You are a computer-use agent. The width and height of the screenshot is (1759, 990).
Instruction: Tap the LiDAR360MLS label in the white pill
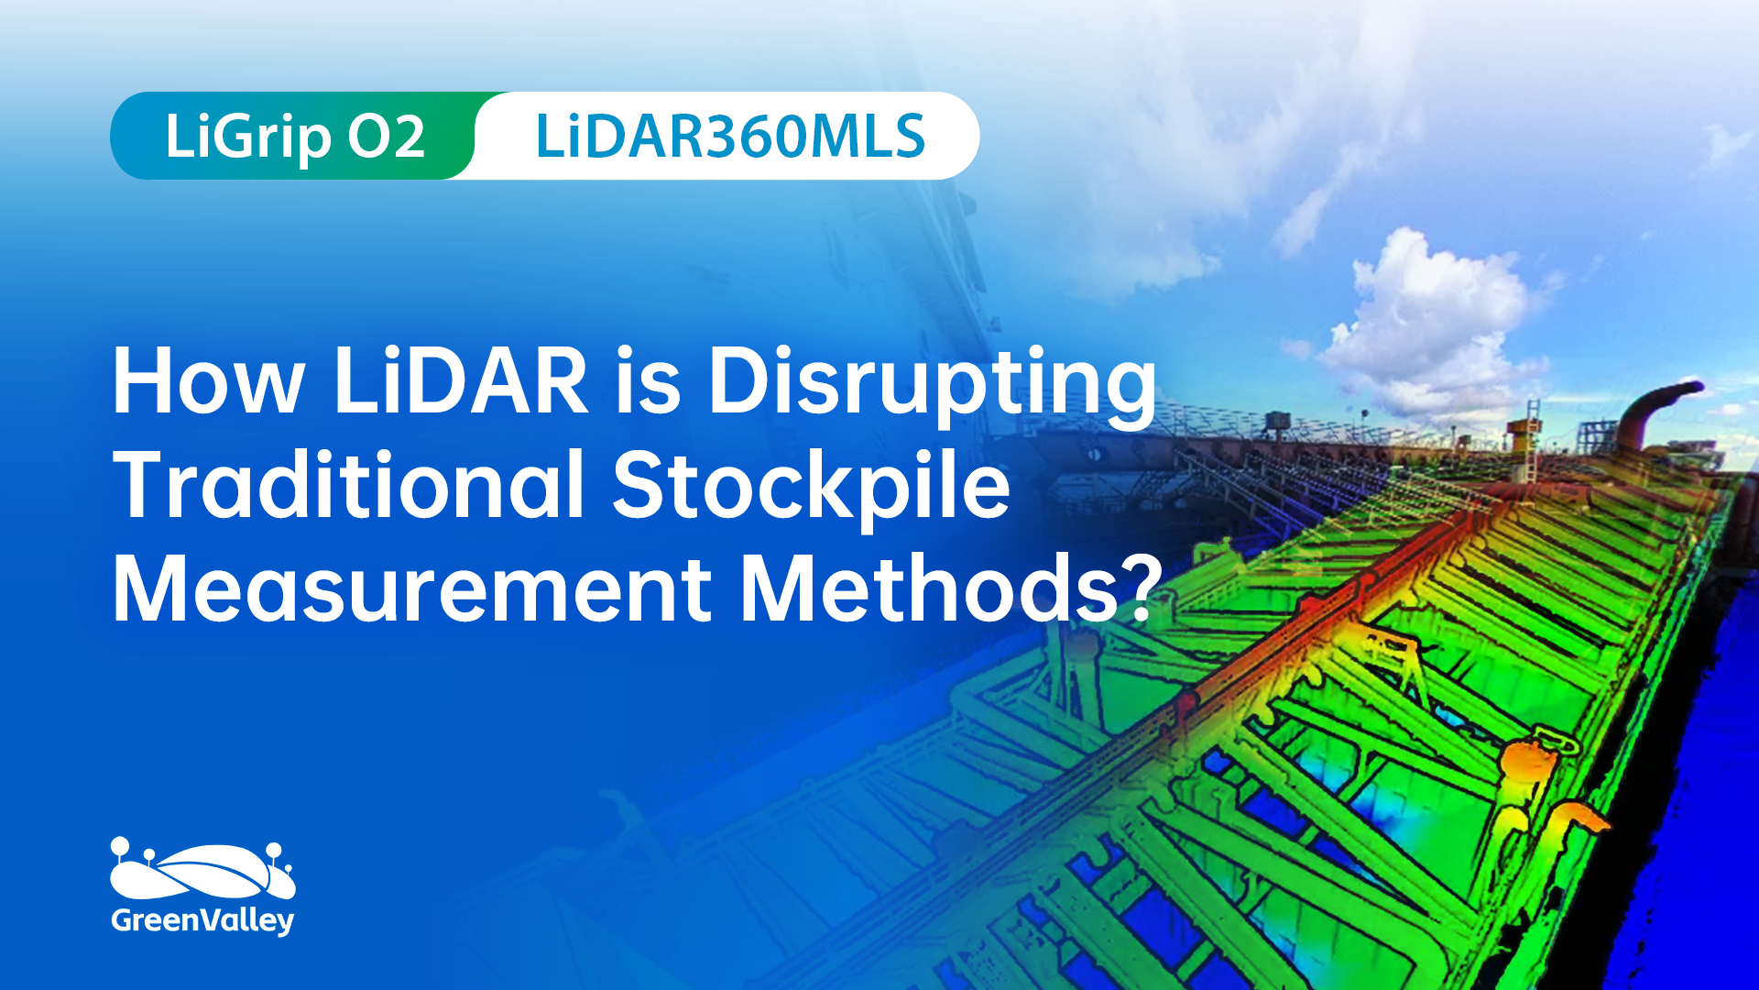point(730,137)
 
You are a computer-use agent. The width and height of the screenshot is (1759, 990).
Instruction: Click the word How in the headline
point(208,381)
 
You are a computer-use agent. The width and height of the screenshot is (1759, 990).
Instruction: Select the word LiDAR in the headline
point(461,381)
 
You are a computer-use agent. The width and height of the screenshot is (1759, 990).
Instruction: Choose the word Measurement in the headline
point(412,588)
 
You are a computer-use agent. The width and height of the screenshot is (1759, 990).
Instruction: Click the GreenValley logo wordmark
point(202,920)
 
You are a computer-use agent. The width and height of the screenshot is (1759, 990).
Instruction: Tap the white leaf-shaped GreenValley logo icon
point(202,869)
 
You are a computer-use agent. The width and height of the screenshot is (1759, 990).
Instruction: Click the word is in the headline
point(648,381)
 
